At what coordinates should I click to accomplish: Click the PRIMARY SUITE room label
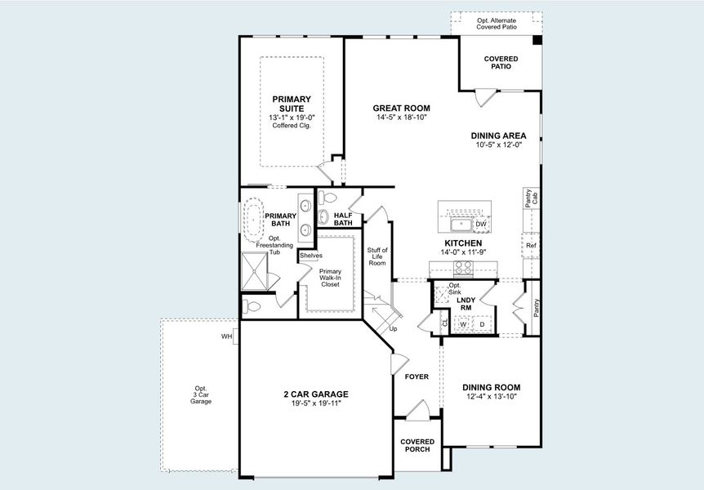click(x=292, y=104)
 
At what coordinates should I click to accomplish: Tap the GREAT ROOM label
click(x=401, y=108)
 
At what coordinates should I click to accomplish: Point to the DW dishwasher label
click(x=480, y=224)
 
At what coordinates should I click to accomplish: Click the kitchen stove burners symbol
click(x=463, y=267)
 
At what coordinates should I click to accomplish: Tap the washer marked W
click(x=463, y=324)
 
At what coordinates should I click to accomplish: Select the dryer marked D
click(x=482, y=324)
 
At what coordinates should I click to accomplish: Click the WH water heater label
click(x=226, y=336)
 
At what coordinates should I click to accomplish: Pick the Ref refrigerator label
click(x=531, y=245)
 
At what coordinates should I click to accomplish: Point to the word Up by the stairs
click(x=393, y=329)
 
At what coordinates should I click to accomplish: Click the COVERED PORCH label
click(x=417, y=446)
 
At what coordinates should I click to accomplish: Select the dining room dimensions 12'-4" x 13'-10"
click(x=491, y=397)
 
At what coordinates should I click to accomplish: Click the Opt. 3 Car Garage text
click(x=201, y=395)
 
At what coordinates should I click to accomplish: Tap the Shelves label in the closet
click(x=311, y=256)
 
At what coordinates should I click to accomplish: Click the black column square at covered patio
click(x=537, y=39)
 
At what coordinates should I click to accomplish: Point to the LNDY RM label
click(x=466, y=303)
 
